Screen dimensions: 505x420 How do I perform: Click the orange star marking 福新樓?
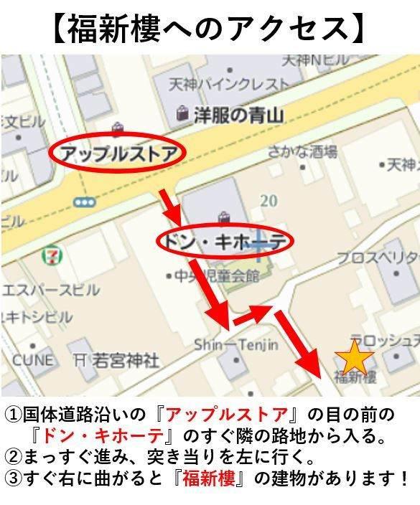click(x=355, y=357)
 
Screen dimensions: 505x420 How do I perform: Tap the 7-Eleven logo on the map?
click(x=51, y=255)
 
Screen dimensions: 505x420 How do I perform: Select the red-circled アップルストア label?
click(x=118, y=152)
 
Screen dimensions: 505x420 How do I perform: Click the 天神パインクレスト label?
click(x=228, y=84)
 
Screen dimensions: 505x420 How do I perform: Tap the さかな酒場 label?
click(x=302, y=151)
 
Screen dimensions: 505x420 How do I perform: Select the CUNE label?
click(x=32, y=359)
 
